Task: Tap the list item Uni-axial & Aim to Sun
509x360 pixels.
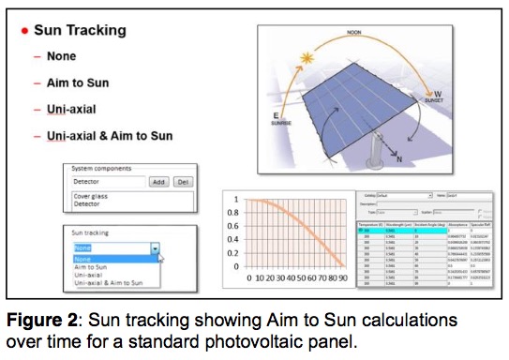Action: point(109,136)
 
